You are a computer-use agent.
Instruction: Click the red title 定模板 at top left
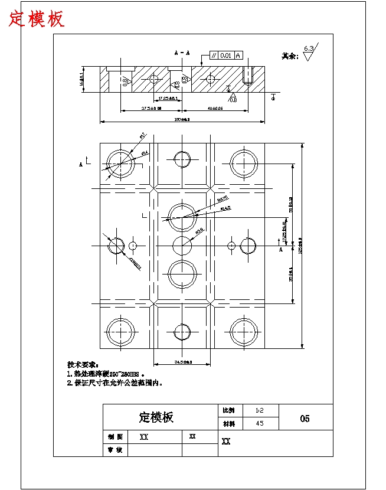click(x=37, y=19)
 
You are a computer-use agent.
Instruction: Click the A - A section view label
click(x=182, y=53)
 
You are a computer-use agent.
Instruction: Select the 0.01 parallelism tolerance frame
click(x=225, y=55)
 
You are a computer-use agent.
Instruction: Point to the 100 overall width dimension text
click(x=181, y=120)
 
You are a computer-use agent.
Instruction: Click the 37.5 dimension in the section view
click(x=152, y=109)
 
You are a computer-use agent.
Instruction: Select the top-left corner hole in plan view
click(x=120, y=162)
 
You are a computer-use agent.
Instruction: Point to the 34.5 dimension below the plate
click(x=182, y=362)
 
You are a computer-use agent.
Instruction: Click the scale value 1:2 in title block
click(x=259, y=410)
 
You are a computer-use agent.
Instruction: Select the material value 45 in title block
click(x=259, y=423)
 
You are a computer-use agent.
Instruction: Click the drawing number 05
click(x=305, y=419)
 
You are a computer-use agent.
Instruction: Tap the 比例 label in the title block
click(x=228, y=410)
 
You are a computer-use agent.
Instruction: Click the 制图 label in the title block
click(x=115, y=437)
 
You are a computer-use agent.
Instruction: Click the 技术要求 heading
click(x=83, y=365)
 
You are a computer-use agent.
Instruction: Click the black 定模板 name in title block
click(x=156, y=417)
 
